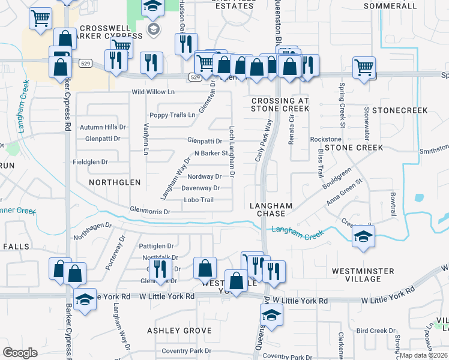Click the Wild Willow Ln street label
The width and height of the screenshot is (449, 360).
[x=153, y=92]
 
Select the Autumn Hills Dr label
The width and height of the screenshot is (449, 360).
[x=103, y=127]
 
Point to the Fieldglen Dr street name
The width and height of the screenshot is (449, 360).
[x=90, y=162]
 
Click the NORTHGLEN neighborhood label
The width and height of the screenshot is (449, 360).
[x=115, y=182]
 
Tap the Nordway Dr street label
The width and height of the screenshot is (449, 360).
[x=204, y=176]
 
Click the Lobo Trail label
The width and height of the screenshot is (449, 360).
[x=199, y=200]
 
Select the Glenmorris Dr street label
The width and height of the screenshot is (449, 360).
[x=151, y=211]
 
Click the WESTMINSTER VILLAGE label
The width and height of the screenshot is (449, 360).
[x=363, y=275]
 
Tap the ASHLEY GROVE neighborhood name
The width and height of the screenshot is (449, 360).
[x=179, y=331]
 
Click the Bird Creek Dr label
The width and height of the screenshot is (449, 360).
[x=376, y=331]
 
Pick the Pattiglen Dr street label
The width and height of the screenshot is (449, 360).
[x=156, y=246]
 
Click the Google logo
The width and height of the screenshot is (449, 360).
[x=20, y=352]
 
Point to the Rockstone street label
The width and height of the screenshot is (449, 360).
[x=325, y=139]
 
